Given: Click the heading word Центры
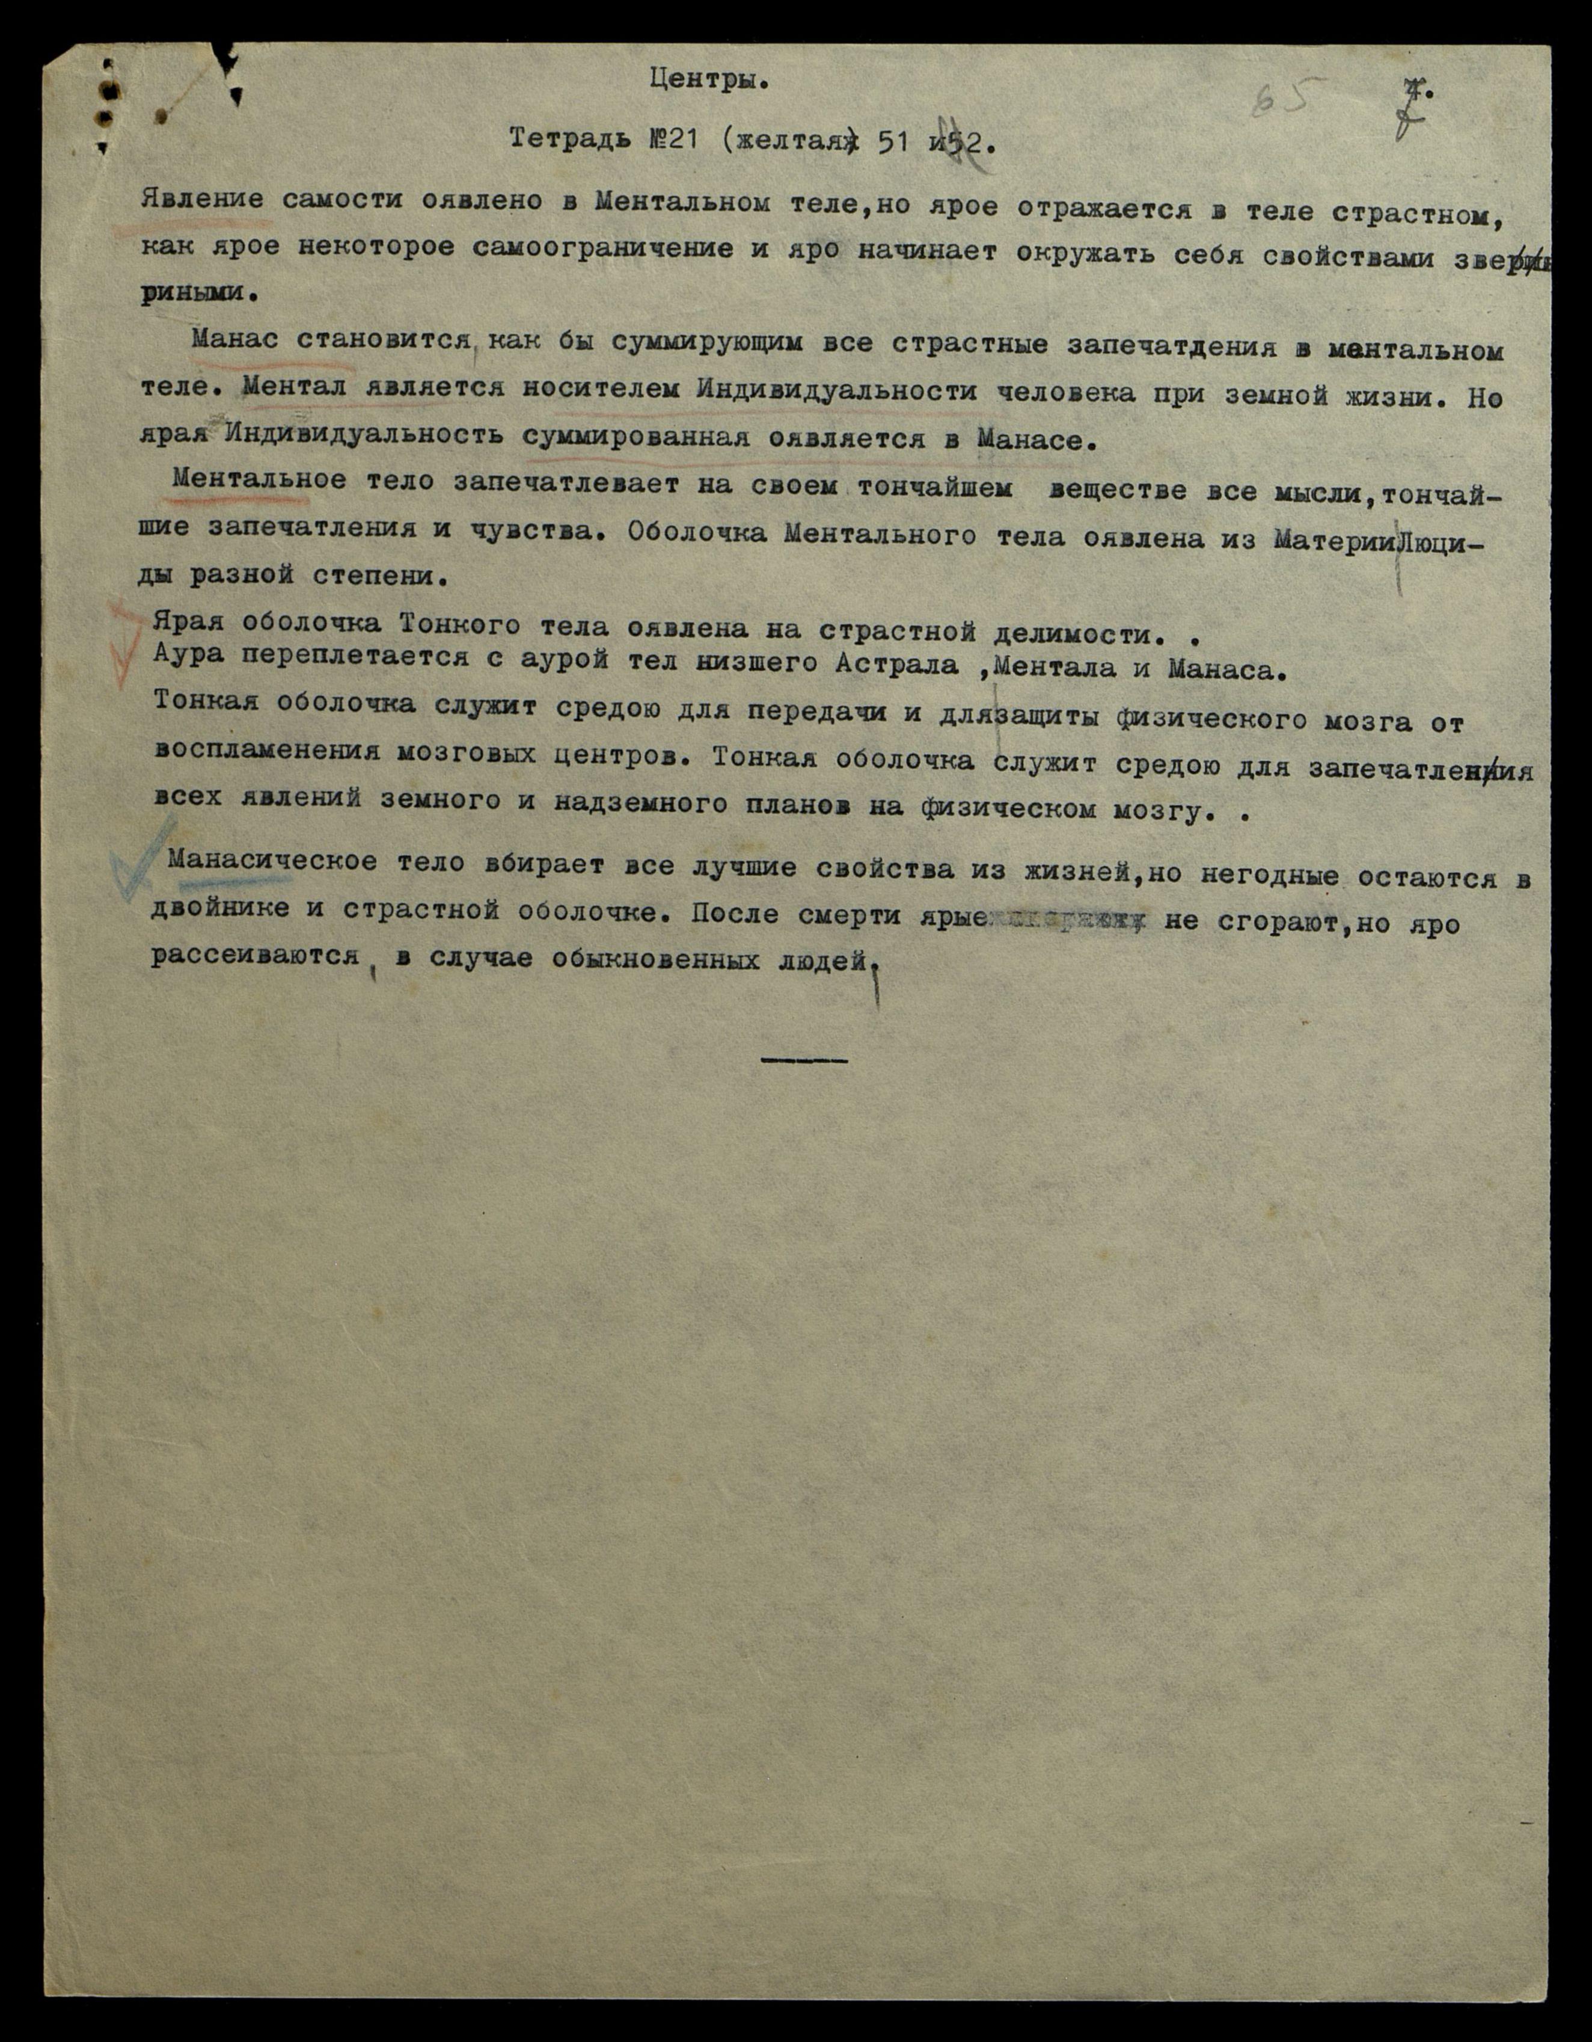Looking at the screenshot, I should pos(709,81).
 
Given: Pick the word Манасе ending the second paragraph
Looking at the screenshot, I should pos(1033,440).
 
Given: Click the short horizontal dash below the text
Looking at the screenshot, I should pos(804,1060).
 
